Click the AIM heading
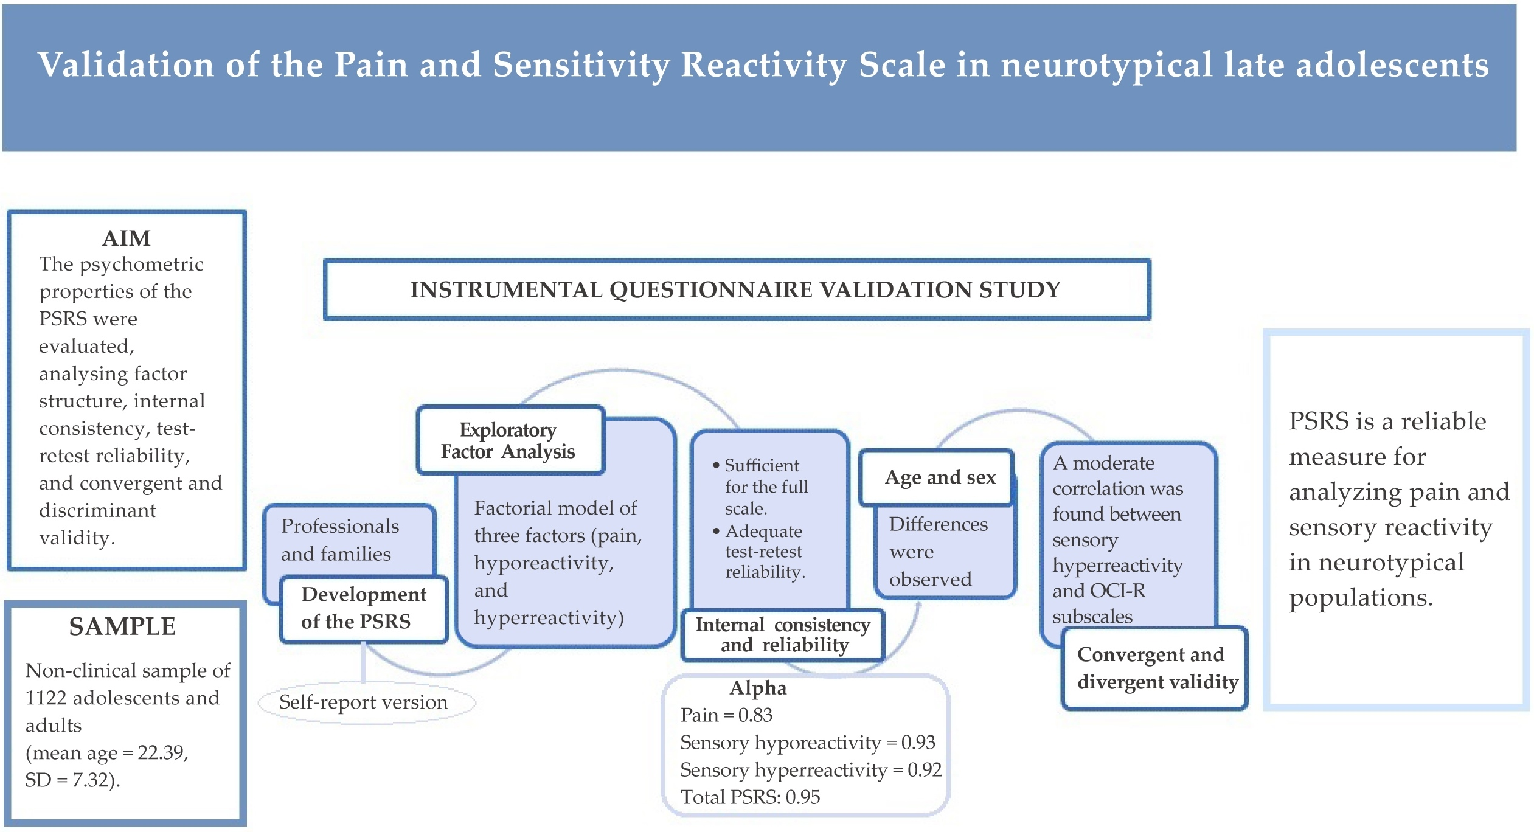(126, 238)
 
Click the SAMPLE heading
(122, 626)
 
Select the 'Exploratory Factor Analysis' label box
(510, 440)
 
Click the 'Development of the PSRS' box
(363, 608)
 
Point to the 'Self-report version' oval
(364, 702)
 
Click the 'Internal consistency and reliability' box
(783, 634)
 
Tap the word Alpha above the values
(758, 688)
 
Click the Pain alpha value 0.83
(755, 715)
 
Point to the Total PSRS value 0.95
(803, 797)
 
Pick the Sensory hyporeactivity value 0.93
(918, 742)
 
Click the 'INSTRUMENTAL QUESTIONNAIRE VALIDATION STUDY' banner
(735, 289)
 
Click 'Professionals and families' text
(339, 539)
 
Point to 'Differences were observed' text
(937, 552)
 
